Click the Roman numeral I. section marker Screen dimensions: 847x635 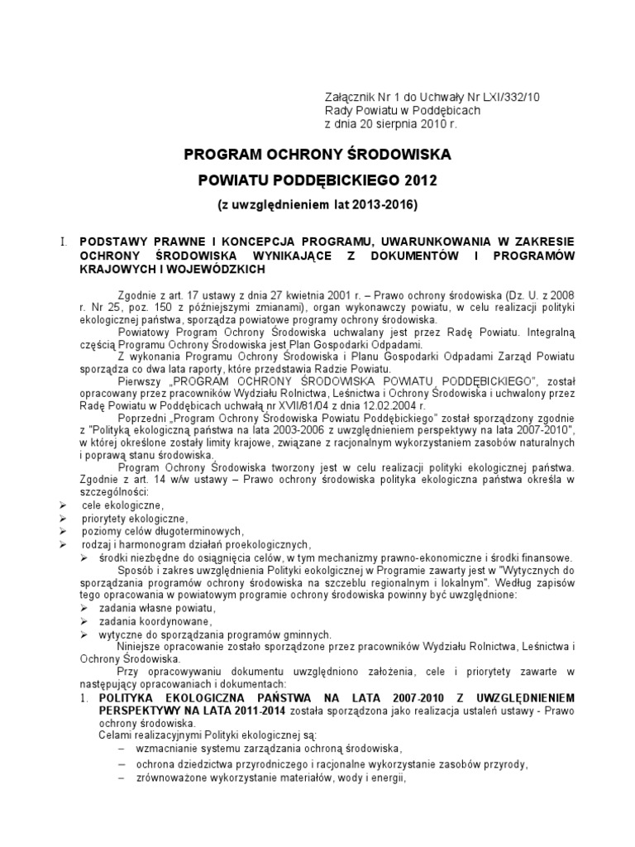coord(62,242)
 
